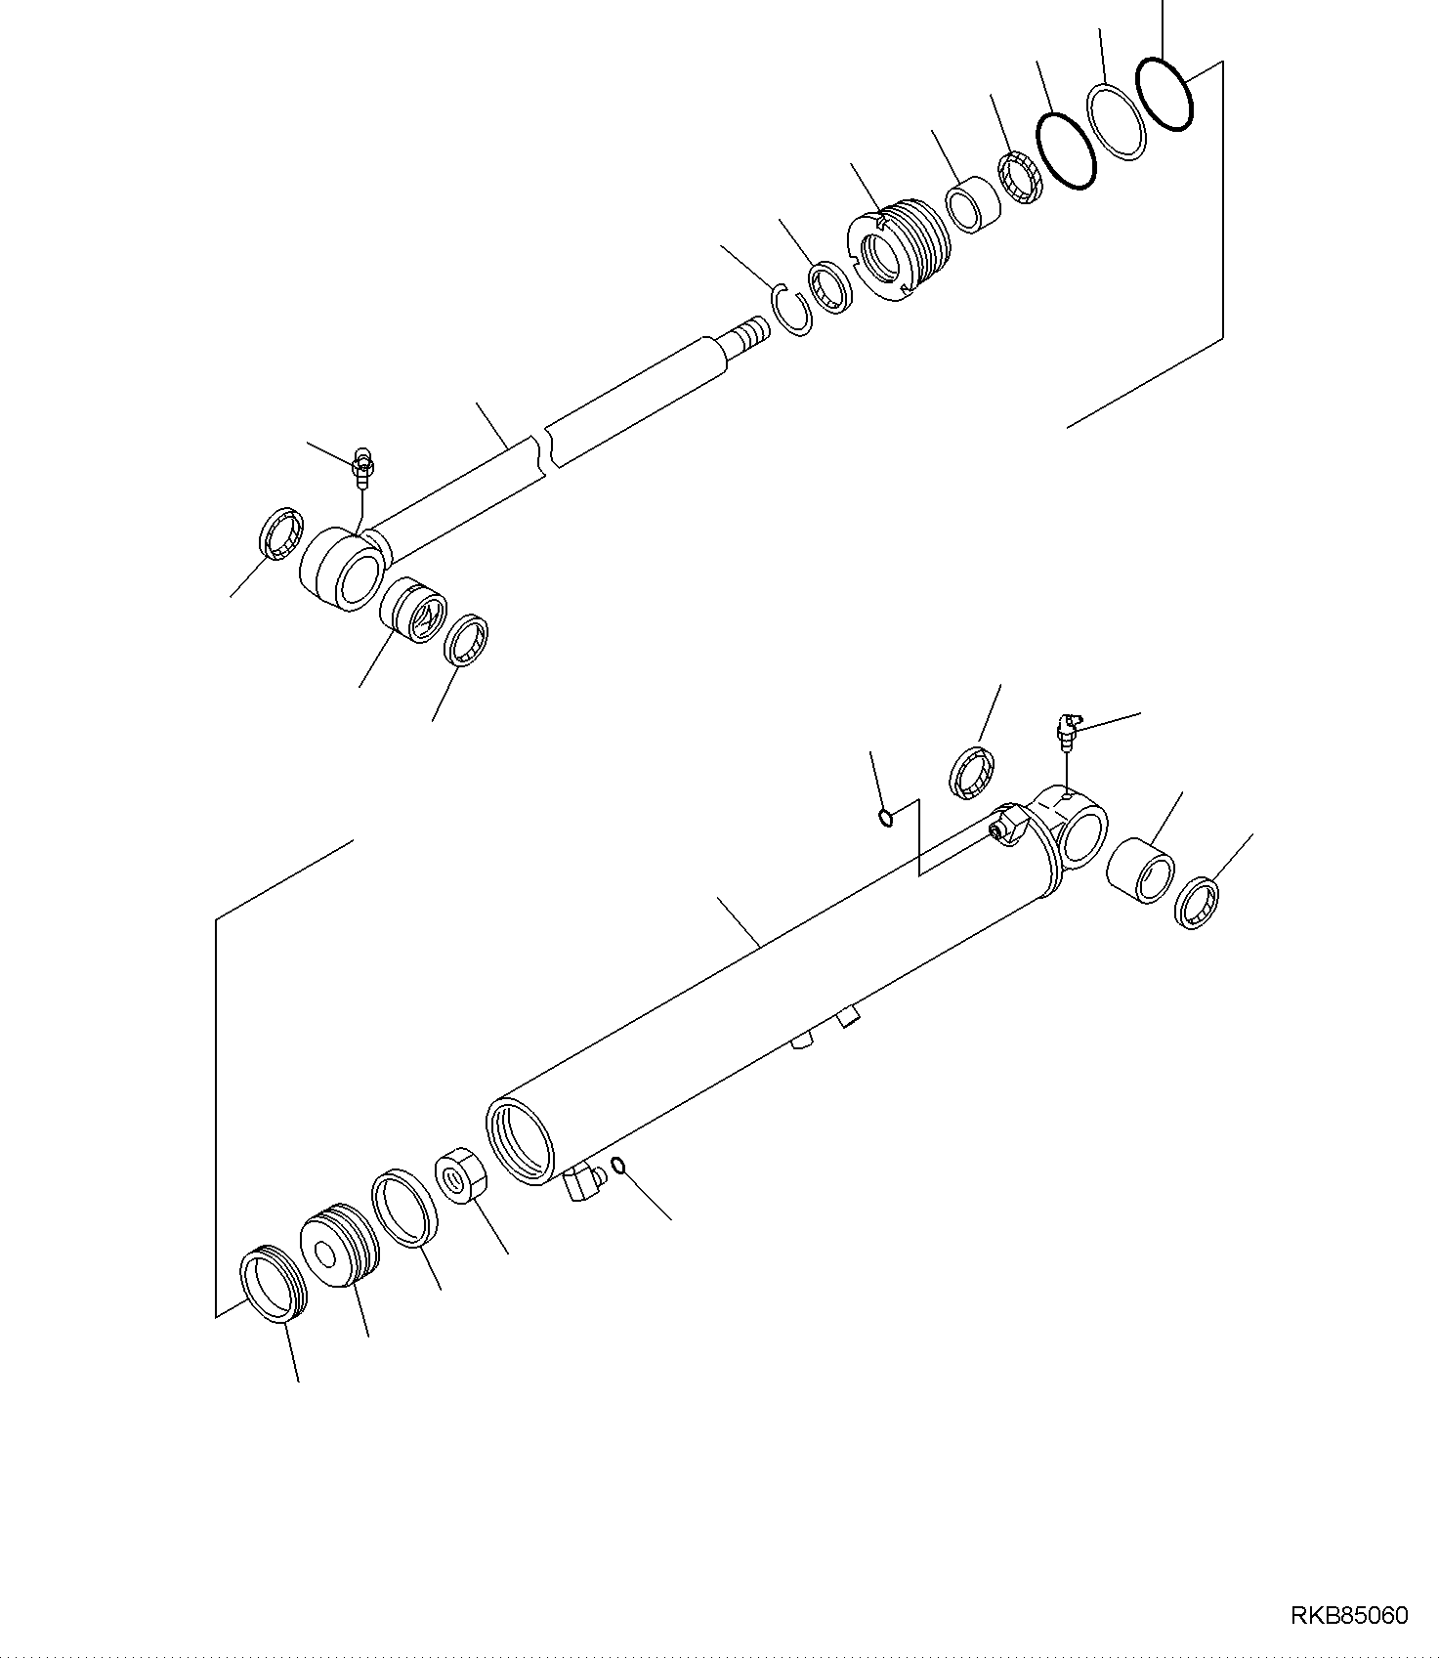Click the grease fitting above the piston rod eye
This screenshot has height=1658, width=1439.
[362, 466]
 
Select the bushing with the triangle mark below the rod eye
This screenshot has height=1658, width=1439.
[412, 610]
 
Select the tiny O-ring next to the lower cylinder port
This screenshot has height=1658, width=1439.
[617, 1163]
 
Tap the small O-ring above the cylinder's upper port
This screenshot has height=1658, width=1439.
[885, 817]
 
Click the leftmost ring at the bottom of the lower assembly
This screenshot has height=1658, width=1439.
[274, 1287]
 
